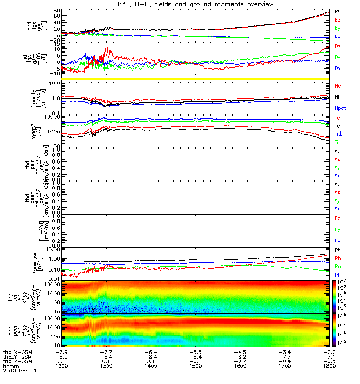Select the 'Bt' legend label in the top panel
[x=338, y=11]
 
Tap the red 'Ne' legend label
[x=338, y=85]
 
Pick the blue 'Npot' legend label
[x=340, y=108]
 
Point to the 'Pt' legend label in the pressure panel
[x=337, y=251]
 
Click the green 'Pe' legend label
[x=338, y=266]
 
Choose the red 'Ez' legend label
[x=338, y=218]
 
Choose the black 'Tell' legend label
[x=338, y=125]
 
